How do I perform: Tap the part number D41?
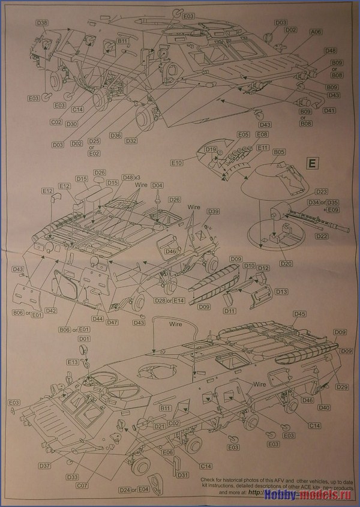coord(329,110)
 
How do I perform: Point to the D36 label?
coord(115,136)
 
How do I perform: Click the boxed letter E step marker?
coord(312,163)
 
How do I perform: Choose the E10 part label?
coord(176,163)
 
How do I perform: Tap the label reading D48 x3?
coord(131,177)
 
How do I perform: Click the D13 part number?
coord(281,291)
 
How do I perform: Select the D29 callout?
coord(342,386)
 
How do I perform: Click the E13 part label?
coord(73,362)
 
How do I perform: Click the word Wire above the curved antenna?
coord(175,323)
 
